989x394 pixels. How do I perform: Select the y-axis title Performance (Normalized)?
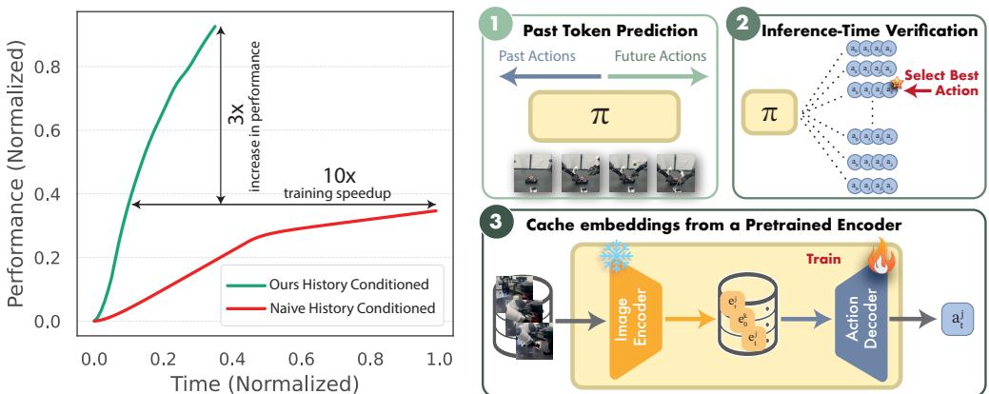(15, 172)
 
